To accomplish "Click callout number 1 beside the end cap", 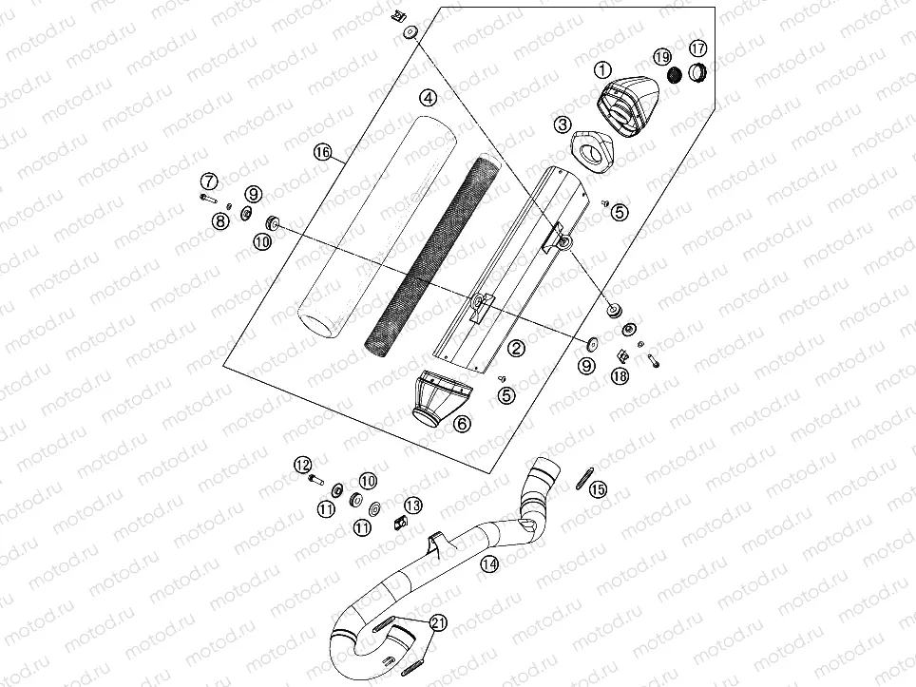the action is point(601,69).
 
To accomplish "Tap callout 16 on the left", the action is point(323,152).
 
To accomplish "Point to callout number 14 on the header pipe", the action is point(488,563).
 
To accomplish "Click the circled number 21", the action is point(437,623).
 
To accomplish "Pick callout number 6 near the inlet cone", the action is point(461,424).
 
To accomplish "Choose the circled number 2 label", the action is point(516,349).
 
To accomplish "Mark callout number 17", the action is point(697,48).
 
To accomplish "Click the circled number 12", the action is point(302,464).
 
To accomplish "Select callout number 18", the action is point(620,376).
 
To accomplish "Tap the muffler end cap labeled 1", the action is point(627,105).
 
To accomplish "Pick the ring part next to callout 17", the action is point(698,71).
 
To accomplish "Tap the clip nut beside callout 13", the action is point(399,519).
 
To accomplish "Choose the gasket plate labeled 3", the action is point(591,149).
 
